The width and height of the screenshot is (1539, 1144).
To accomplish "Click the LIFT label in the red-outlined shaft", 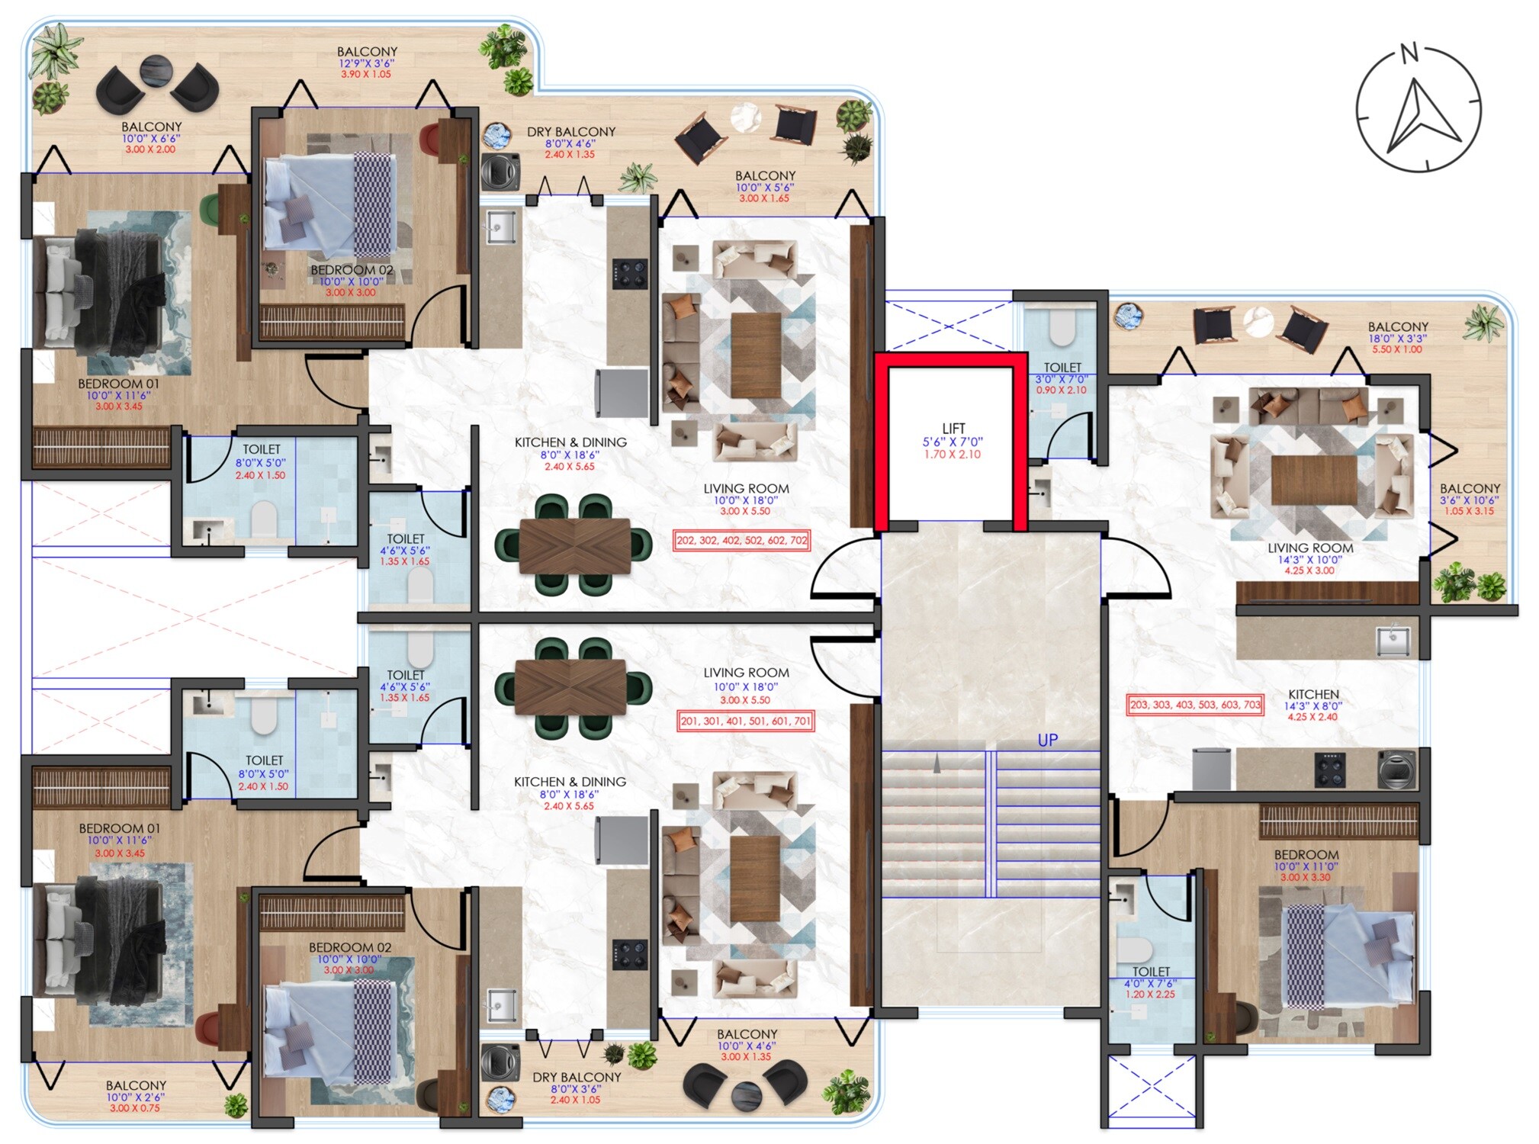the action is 953,429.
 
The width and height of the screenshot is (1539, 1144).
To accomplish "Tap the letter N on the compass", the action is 1409,53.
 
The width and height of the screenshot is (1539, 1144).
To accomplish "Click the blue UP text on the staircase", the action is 1047,740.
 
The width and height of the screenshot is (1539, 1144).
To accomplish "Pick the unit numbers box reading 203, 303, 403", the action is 1195,705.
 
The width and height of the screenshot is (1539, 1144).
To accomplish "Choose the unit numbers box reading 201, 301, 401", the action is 746,721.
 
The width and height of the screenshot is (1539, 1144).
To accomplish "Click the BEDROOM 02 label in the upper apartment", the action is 352,270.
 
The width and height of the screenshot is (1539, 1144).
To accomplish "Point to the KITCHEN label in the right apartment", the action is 1313,694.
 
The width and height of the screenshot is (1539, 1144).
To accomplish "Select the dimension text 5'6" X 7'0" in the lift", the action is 953,442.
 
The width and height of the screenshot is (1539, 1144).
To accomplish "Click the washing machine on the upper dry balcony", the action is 501,172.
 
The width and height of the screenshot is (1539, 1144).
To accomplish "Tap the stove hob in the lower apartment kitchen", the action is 630,955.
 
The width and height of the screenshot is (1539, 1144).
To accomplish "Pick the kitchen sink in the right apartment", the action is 1393,641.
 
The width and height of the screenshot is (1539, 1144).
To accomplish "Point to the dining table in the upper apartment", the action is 575,545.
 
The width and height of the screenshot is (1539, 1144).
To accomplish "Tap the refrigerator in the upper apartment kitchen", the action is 622,394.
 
